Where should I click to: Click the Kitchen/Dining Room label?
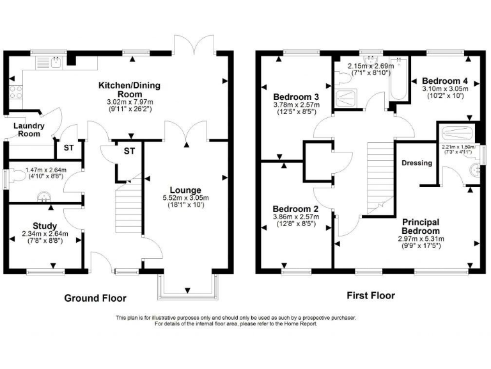(129, 90)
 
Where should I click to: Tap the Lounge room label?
(185, 190)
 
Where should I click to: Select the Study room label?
(45, 225)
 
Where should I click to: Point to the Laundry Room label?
(29, 130)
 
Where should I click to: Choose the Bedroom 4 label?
(445, 81)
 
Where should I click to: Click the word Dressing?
(417, 163)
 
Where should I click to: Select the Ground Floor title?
(95, 298)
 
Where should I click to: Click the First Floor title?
(370, 295)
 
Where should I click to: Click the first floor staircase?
(380, 174)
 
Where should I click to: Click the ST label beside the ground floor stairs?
(129, 151)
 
